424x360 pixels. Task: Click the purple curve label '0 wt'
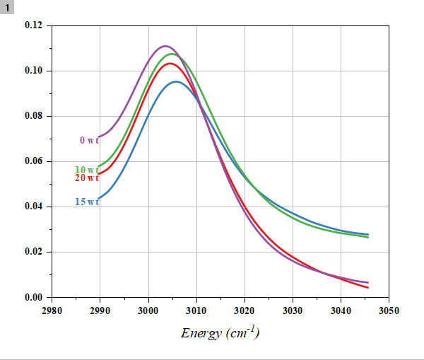(89, 140)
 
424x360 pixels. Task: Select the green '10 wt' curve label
(86, 170)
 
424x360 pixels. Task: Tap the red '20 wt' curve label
(86, 178)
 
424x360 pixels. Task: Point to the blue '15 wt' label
(86, 202)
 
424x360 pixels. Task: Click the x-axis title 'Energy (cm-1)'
(220, 332)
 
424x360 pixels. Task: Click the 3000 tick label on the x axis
(148, 310)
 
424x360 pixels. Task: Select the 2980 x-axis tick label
(52, 310)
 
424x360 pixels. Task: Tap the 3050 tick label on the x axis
(389, 310)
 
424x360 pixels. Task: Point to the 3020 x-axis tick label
(245, 310)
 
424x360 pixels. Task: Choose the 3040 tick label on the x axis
(341, 310)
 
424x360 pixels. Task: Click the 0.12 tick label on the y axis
(34, 25)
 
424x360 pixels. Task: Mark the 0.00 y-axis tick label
(34, 297)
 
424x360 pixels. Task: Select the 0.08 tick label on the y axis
(34, 116)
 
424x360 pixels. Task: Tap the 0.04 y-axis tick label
(34, 207)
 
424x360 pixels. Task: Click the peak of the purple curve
(165, 46)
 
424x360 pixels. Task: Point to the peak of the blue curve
(176, 81)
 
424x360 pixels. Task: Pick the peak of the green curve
(171, 54)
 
